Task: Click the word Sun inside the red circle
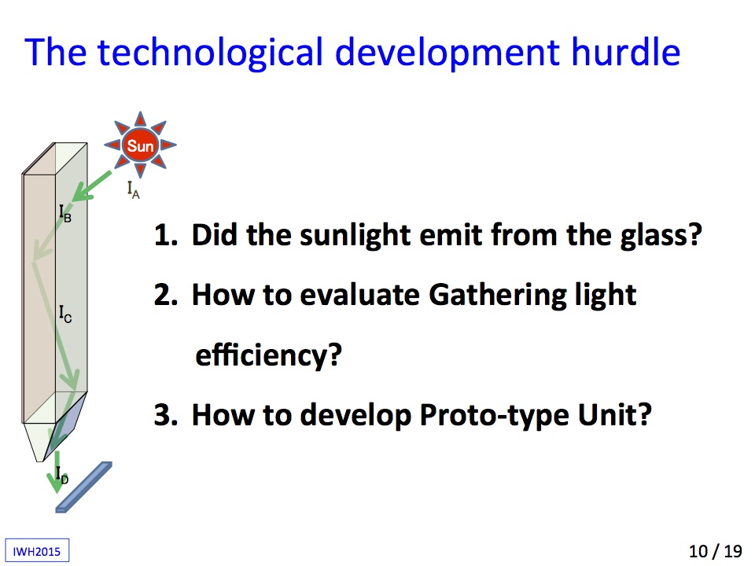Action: click(x=140, y=145)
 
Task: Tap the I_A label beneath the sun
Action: click(x=134, y=189)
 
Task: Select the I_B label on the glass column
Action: click(x=65, y=213)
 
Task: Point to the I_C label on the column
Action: click(x=65, y=314)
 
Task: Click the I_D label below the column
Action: click(x=62, y=475)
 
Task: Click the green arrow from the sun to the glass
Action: click(x=92, y=186)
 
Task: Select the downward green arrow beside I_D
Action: click(x=57, y=472)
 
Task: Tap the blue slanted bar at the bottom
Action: click(x=84, y=487)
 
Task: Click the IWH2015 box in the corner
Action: click(x=37, y=550)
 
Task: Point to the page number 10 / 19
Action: click(x=715, y=551)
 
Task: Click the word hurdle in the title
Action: click(x=625, y=52)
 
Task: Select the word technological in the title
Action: click(x=211, y=53)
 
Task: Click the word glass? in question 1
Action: click(x=661, y=235)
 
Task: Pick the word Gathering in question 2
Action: click(x=497, y=295)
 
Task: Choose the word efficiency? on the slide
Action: click(x=268, y=355)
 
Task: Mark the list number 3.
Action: click(x=164, y=414)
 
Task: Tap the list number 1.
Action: click(x=164, y=234)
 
